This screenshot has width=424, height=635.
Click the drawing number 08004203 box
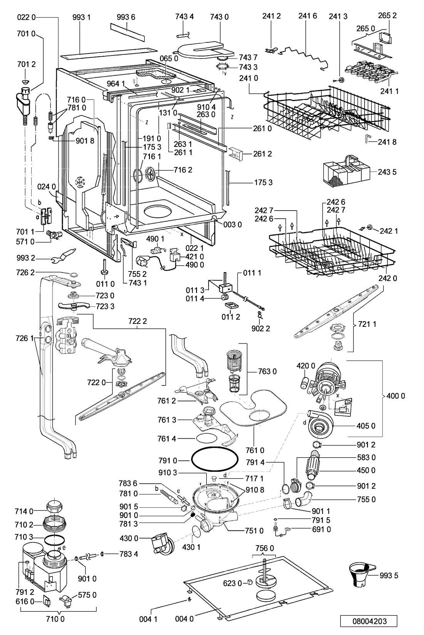pos(369,621)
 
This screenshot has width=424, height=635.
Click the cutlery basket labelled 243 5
pos(347,171)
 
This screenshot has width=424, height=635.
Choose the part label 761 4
pos(167,439)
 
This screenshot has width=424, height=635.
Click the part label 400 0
pos(395,396)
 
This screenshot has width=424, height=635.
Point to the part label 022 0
pos(26,17)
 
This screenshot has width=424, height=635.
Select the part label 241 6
pos(308,16)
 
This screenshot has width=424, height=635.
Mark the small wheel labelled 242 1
pos(369,227)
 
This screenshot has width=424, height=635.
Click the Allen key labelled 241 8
pos(368,139)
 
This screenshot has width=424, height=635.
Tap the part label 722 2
pos(138,321)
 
